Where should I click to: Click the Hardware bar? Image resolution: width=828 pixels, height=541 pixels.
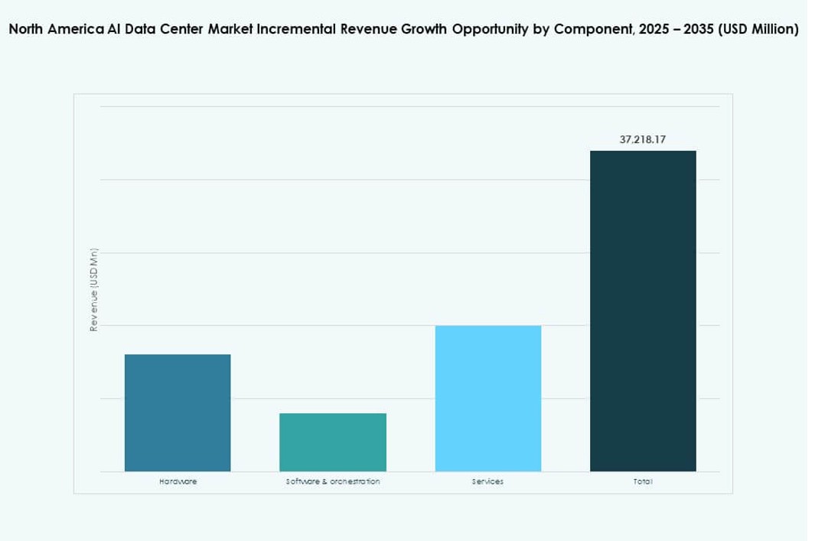click(x=178, y=412)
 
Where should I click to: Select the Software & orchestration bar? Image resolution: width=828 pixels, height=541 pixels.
click(x=333, y=442)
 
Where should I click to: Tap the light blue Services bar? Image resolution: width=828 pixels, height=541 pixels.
click(x=488, y=398)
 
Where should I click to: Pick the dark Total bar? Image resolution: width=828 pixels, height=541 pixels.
click(x=643, y=311)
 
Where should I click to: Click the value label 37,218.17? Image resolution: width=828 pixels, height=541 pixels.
click(x=643, y=141)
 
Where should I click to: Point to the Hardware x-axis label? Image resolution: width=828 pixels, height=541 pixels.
click(x=178, y=481)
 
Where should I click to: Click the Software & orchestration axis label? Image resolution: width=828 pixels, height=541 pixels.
click(x=333, y=481)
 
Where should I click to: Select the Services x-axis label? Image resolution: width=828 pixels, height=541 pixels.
click(x=488, y=481)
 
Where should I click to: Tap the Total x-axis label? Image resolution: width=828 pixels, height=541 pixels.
click(x=643, y=481)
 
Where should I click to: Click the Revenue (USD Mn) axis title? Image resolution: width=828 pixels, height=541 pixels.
click(x=93, y=290)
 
